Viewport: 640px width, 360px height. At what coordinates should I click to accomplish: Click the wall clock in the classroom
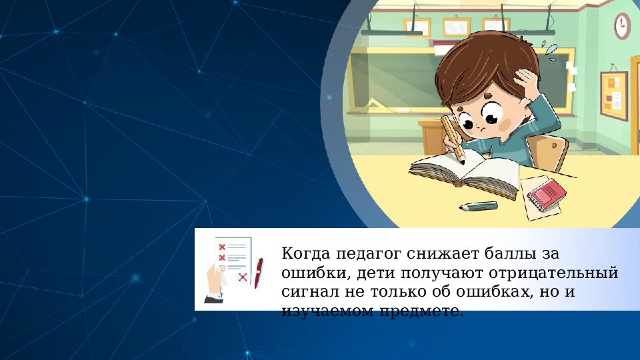(622, 25)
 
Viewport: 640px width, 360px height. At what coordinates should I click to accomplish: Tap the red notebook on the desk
(547, 193)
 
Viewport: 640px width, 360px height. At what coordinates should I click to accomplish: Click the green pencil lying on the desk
(479, 206)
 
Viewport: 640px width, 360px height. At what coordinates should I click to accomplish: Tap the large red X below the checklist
(243, 277)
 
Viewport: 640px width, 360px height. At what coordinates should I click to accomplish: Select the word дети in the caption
(371, 273)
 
